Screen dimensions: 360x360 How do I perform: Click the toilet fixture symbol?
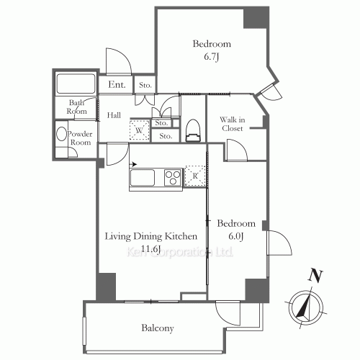point(193,131)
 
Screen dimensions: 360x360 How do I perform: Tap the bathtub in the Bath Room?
point(76,84)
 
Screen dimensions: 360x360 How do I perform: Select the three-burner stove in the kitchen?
point(173,177)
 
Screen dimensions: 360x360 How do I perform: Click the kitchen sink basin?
point(142,178)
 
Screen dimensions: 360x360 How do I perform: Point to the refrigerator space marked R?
point(195,176)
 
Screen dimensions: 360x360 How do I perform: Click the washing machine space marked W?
point(139,130)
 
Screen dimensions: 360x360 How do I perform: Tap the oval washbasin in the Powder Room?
point(61,134)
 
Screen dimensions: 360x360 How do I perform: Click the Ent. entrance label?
point(117,84)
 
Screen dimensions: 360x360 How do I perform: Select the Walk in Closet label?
point(233,124)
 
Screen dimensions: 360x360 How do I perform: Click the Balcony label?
point(158,328)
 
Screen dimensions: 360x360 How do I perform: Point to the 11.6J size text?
point(150,249)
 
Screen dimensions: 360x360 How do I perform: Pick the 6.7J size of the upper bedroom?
point(212,57)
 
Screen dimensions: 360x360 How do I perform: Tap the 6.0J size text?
point(236,236)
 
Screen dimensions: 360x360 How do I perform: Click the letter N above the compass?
point(315,276)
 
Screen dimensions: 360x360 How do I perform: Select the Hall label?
point(114,115)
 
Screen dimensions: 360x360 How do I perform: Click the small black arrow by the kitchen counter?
point(133,164)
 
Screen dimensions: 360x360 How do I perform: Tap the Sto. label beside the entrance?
point(145,85)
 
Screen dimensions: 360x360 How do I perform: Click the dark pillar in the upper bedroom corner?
point(256,18)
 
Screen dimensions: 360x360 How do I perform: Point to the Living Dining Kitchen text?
point(151,236)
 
